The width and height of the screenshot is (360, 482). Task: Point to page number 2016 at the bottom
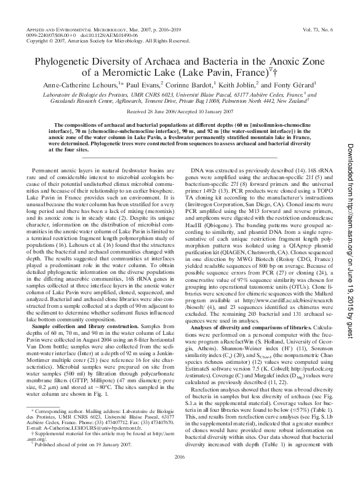[179, 472]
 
